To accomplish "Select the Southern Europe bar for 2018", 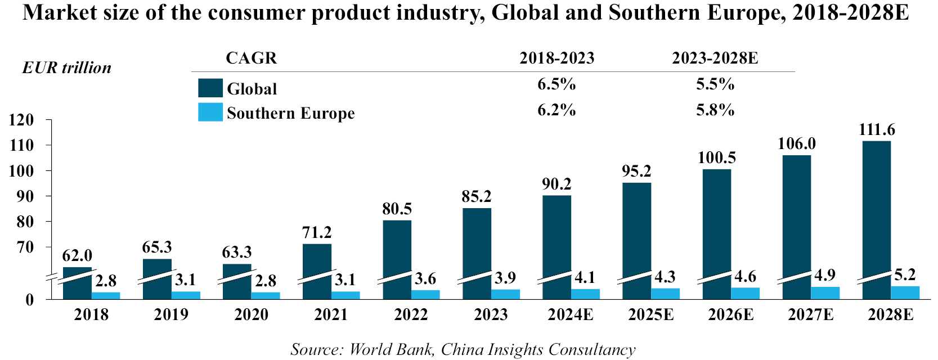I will pos(106,295).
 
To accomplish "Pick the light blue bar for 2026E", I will pos(745,293).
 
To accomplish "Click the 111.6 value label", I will pos(877,130).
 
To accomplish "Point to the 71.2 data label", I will pos(317,232).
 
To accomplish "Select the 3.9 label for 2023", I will pos(505,278).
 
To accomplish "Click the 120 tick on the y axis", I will pos(21,120).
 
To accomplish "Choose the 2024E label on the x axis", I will pos(571,315).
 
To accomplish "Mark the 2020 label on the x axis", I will pos(251,315).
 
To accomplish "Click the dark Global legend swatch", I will pos(210,88).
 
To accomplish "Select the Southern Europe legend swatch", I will pos(210,112).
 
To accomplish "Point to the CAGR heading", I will pos(251,58).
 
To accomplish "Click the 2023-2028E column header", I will pos(715,58).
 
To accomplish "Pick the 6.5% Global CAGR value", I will pos(556,84).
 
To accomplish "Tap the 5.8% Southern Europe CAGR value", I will pos(715,110).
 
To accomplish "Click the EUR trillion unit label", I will pos(66,68).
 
